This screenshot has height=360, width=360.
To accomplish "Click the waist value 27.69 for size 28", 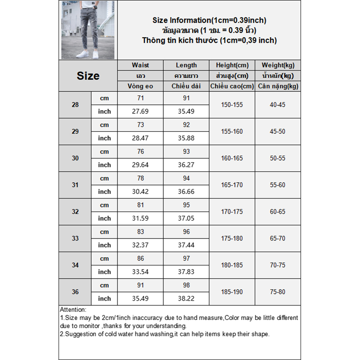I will [x=140, y=112].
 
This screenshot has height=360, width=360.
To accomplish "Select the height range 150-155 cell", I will [x=232, y=105].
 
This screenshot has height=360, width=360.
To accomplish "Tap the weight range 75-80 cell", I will [x=278, y=292].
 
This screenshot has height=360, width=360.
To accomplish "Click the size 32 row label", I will [x=75, y=211].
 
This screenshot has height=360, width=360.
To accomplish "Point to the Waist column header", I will [x=140, y=65].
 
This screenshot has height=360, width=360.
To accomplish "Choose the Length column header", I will [x=186, y=65].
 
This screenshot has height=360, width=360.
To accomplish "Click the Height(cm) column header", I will [x=232, y=65].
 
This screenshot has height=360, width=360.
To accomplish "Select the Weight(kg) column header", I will [x=278, y=65].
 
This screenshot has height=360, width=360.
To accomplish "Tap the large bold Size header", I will [x=88, y=76].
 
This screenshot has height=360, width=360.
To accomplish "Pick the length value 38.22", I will [x=186, y=298].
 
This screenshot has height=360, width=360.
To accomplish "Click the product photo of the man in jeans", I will [x=88, y=30].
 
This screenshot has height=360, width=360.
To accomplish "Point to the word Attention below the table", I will [x=73, y=310].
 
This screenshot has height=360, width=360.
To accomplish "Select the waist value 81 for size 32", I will [x=140, y=205].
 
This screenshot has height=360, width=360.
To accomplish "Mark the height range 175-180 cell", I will [x=232, y=238].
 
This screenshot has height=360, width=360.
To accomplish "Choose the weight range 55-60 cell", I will [x=278, y=185].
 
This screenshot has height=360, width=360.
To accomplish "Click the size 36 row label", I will [x=75, y=292].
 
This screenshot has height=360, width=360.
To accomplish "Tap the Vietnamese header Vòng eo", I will [x=140, y=86].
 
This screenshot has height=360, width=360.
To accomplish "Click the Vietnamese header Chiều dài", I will [x=186, y=86].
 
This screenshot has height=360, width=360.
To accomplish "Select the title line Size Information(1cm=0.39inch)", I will [x=209, y=20].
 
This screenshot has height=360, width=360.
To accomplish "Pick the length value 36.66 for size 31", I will [x=186, y=192].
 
